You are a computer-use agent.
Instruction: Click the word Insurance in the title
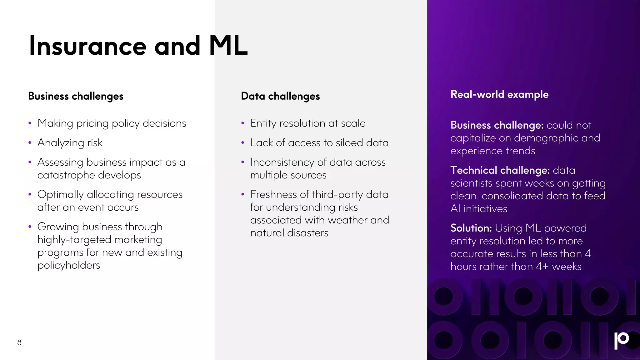pos(87,46)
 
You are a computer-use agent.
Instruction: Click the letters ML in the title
pos(228,46)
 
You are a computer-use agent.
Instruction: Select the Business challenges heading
pos(76,96)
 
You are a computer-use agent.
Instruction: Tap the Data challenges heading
pos(280,96)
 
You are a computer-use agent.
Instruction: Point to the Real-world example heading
pos(499,94)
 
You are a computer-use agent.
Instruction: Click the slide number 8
pos(19,342)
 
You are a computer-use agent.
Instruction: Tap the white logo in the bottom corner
pos(621,340)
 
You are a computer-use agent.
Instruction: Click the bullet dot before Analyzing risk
pos(30,143)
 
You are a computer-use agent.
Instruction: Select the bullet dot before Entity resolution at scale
pos(242,123)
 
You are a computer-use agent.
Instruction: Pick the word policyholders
pos(69,265)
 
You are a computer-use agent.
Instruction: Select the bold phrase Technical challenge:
pos(500,170)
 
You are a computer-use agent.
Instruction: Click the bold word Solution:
pos(471,228)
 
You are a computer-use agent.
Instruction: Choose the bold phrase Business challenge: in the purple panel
pos(497,125)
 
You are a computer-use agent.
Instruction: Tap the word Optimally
pos(60,195)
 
